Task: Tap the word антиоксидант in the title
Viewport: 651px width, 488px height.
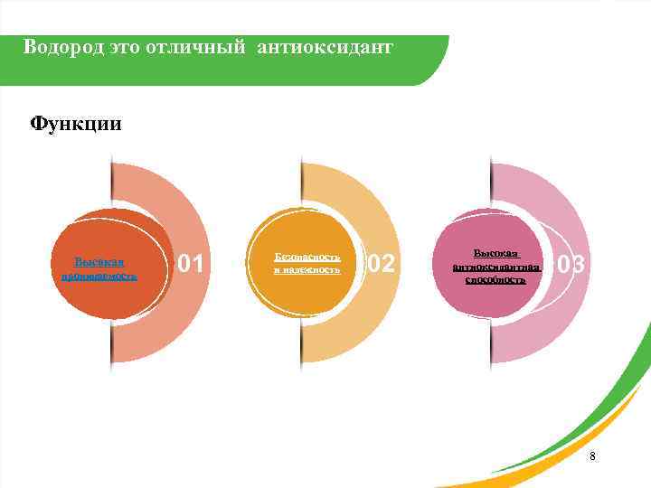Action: pyautogui.click(x=325, y=46)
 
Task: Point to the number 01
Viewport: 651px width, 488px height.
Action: pyautogui.click(x=192, y=264)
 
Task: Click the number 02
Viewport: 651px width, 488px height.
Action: pyautogui.click(x=381, y=264)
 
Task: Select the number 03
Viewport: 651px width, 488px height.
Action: pyautogui.click(x=571, y=265)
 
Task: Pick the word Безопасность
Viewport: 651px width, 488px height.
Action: pyautogui.click(x=307, y=257)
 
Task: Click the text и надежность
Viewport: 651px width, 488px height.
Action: pyautogui.click(x=307, y=269)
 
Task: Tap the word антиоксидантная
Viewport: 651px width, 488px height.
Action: pyautogui.click(x=497, y=267)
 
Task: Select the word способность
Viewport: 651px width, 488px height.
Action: pyautogui.click(x=495, y=280)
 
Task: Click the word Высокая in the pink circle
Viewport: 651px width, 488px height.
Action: pyautogui.click(x=496, y=255)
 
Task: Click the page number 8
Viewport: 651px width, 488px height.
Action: pyautogui.click(x=592, y=456)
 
